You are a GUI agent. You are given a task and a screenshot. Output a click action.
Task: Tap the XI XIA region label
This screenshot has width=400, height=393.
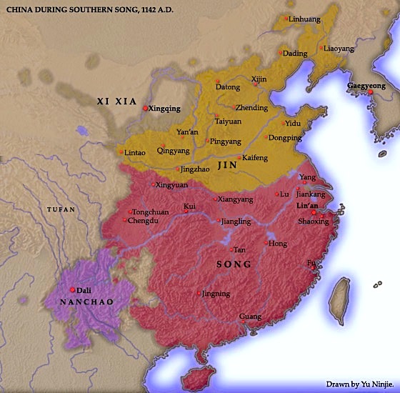pos(115,101)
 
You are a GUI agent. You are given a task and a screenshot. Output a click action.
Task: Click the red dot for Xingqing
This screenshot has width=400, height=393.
pos(145,109)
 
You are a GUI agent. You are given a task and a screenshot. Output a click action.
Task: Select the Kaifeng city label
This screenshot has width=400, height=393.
pos(255,156)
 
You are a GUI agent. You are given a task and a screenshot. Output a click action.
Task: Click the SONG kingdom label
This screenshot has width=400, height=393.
pos(234,264)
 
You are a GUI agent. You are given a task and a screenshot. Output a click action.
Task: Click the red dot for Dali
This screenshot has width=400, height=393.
pos(73,289)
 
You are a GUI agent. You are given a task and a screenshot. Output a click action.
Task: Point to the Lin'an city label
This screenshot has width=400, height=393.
pos(306,206)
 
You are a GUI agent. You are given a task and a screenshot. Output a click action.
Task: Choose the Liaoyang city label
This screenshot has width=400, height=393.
pos(339,49)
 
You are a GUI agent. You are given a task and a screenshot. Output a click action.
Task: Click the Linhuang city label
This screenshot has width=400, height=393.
pos(304,19)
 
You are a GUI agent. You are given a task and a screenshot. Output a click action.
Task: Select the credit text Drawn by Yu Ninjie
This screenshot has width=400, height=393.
pos(359,384)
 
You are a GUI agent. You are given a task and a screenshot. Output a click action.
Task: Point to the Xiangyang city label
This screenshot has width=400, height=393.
pos(236,198)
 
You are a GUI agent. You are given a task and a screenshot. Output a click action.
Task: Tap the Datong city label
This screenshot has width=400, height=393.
pos(229,87)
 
